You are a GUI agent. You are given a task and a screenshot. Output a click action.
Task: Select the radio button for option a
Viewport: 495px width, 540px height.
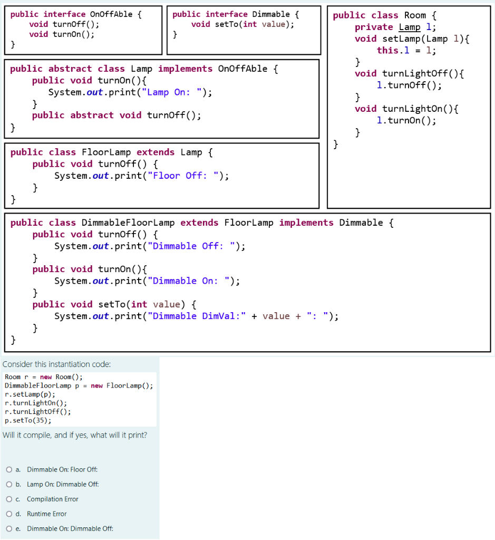[9, 469]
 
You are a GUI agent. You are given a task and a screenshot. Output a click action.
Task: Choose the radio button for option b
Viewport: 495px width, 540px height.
[9, 484]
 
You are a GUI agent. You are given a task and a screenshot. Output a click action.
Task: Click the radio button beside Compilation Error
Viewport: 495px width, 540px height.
[9, 499]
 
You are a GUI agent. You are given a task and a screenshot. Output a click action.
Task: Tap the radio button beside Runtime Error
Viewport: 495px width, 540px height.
[9, 514]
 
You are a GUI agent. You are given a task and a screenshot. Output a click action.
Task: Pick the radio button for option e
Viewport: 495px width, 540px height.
[9, 528]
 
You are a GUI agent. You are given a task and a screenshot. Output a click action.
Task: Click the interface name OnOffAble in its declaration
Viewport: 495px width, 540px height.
[111, 14]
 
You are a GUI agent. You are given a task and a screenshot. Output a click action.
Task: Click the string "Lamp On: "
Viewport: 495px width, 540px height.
[175, 92]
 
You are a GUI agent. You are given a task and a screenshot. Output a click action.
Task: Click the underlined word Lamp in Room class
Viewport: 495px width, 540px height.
[410, 27]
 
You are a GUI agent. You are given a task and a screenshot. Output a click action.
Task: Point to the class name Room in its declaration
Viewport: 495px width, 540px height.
[415, 15]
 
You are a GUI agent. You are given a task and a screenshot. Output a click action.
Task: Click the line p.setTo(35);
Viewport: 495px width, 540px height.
[28, 420]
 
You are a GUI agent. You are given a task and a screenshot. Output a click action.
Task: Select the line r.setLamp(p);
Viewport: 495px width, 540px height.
[30, 394]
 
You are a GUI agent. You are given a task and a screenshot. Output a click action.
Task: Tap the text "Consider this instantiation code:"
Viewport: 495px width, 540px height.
[57, 364]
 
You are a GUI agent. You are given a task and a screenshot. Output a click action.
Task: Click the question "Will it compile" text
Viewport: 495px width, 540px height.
[75, 435]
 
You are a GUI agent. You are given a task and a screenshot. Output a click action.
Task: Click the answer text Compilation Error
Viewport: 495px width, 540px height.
[53, 499]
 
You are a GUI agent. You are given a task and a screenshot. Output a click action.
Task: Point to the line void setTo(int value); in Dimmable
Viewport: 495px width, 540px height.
[242, 24]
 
